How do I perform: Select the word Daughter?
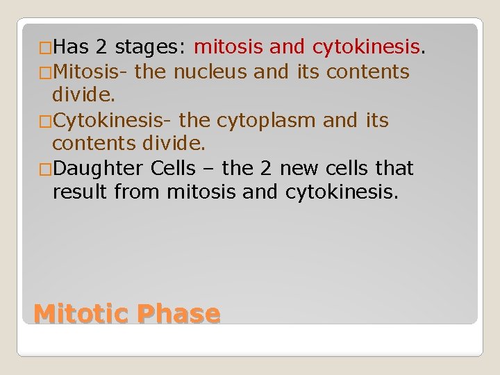click(x=94, y=169)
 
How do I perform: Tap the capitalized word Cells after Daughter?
click(x=170, y=169)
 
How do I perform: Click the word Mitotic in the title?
click(x=81, y=313)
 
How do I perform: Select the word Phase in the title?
click(x=178, y=313)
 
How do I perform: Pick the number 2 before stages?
click(x=101, y=48)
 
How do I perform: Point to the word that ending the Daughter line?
click(x=394, y=169)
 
